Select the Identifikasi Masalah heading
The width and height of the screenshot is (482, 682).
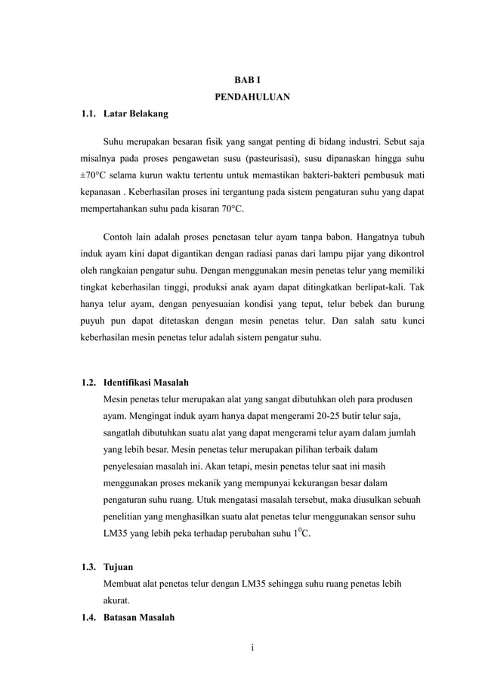146,382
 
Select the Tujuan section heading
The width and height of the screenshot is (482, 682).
119,567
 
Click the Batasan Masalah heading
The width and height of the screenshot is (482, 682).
139,618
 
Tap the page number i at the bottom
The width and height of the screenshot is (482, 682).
242,648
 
